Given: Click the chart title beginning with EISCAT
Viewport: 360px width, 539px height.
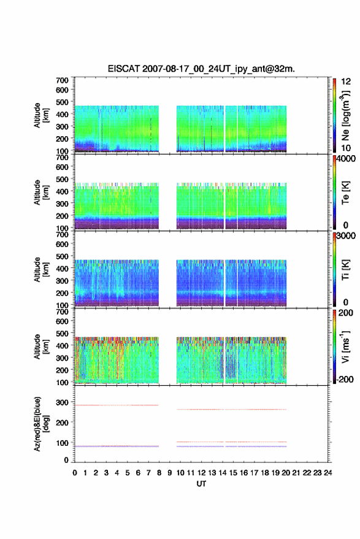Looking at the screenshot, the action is coord(201,69).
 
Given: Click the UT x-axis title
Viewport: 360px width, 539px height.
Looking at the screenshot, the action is coord(201,484).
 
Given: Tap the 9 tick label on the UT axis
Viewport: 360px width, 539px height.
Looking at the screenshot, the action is coord(169,473).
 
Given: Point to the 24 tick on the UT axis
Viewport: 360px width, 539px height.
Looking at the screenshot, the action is coord(327,473).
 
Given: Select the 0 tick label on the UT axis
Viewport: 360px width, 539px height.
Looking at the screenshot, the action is coord(75,473).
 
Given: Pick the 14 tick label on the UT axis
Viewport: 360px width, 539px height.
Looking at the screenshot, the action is coord(223,473).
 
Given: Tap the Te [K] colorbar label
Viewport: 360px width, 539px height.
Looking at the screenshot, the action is coord(345,193).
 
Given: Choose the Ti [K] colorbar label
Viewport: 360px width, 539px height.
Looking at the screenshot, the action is coord(345,270).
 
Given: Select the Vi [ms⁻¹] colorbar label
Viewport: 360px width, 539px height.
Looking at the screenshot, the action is coord(345,346).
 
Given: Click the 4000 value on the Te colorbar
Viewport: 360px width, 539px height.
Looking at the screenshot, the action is coord(346,159).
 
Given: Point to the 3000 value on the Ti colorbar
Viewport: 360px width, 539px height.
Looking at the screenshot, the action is coord(346,236).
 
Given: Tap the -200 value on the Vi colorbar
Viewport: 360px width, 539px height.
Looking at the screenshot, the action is coord(344,379).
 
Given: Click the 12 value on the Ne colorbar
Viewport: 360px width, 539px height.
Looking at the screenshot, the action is coord(346,82).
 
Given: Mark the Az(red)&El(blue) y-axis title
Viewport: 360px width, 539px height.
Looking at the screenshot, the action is coord(41,424).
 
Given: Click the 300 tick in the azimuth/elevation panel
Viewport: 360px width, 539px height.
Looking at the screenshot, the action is coord(62,402).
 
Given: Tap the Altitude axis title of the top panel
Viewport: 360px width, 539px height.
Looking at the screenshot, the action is coord(41,115).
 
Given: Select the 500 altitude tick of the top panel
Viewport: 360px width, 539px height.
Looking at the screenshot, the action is coord(62,102).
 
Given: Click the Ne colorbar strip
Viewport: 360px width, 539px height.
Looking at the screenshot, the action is coord(334,115).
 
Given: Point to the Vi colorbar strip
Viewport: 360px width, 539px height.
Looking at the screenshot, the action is coord(334,346).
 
